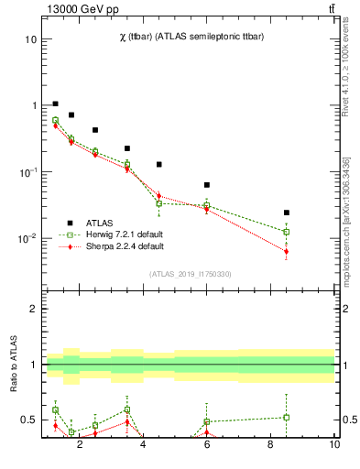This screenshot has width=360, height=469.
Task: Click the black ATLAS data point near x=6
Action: (207, 185)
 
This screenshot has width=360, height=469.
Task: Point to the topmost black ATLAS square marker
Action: (56, 104)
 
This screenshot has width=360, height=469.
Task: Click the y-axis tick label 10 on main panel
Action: (31, 39)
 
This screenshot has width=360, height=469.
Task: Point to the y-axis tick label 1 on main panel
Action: (34, 105)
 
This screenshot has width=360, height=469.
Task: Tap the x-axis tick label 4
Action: (143, 445)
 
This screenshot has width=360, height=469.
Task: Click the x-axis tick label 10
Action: (334, 445)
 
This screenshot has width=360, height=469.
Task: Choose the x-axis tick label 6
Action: (207, 445)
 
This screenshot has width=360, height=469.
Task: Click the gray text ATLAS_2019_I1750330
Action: (189, 274)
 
